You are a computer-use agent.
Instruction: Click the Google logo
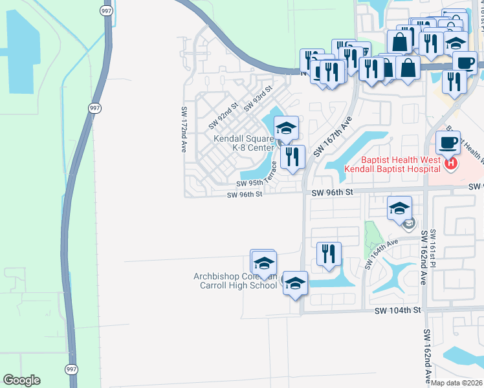pos(21,380)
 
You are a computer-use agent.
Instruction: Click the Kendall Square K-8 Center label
pos(244,143)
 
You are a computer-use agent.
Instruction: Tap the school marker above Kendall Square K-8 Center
pos(286,127)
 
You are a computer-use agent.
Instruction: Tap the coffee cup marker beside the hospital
pos(448,142)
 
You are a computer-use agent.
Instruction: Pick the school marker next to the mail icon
pos(400,208)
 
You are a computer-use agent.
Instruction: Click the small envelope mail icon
pos(409,224)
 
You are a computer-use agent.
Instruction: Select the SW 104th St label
pos(398,310)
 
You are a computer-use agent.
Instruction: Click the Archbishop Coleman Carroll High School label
pos(236,281)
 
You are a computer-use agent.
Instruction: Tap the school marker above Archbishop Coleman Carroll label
pos(263,262)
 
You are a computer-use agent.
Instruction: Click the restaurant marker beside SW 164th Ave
pos(329,253)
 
